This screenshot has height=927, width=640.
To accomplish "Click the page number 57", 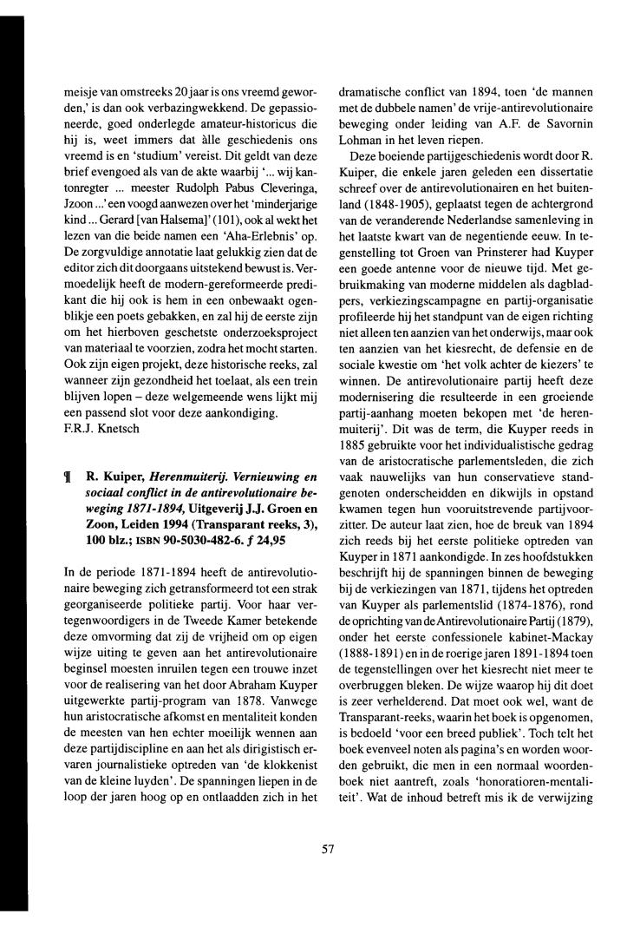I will [327, 851].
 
